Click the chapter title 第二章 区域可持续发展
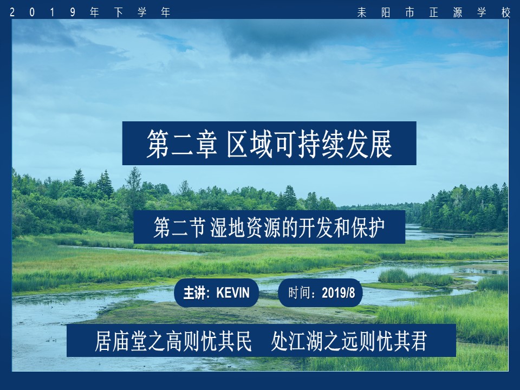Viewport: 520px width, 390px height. pos(269,144)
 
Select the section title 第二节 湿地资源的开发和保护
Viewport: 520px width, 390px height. pos(269,227)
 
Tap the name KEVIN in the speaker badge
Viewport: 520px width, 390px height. pos(233,294)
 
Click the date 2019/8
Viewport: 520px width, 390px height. pos(339,294)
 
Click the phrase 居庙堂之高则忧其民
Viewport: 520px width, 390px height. pos(173,341)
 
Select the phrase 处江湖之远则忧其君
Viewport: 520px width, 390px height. pos(349,341)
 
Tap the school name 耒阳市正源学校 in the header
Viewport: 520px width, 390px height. pos(433,12)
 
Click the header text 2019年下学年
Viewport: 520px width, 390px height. pos(90,12)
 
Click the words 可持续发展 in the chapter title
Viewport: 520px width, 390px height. pos(336,144)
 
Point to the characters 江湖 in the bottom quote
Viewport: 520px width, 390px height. pos(310,341)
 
